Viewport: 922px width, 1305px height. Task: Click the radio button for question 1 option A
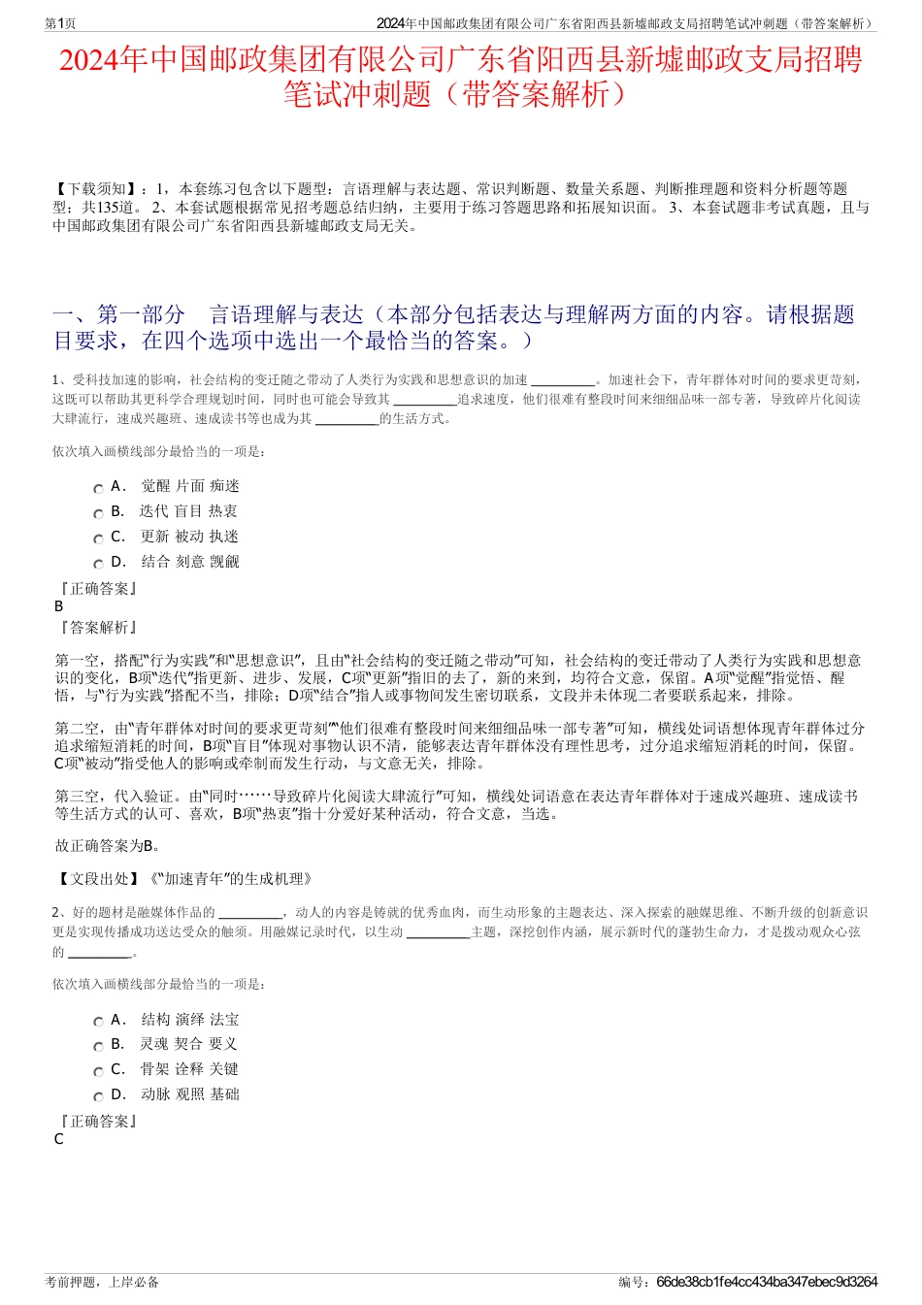pos(98,489)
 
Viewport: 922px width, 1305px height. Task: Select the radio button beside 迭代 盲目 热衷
pos(98,514)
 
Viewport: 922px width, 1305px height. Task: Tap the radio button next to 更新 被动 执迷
pos(98,539)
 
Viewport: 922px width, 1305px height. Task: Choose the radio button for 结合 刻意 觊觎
pos(98,565)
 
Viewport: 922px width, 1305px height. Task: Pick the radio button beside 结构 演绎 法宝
pos(98,1022)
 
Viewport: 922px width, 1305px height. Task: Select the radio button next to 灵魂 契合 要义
pos(98,1047)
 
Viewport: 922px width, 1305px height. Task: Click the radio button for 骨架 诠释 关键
pos(98,1072)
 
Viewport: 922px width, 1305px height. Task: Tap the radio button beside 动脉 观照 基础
pos(98,1097)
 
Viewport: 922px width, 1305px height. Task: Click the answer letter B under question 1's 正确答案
pos(59,606)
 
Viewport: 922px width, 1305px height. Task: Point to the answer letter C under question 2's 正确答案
pos(59,1139)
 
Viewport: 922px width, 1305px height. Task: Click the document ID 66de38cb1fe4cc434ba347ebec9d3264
pos(767,1282)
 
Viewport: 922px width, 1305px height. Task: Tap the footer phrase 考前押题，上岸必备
pos(103,1282)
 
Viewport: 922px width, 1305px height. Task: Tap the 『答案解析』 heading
pos(98,628)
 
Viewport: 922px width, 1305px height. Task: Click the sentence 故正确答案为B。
pos(109,846)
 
